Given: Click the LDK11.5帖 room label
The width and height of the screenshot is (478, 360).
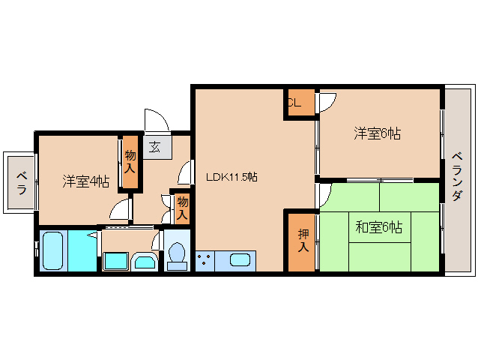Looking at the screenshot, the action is (232, 177).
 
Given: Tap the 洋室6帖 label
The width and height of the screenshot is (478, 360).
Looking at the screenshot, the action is (377, 133).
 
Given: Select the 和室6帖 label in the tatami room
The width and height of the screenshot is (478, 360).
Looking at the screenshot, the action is (379, 227).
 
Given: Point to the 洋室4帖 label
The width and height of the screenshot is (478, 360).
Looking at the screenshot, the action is (86, 181).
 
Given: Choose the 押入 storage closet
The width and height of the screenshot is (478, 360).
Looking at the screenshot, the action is (302, 242).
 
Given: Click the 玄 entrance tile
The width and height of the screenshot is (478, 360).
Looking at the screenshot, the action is (157, 147).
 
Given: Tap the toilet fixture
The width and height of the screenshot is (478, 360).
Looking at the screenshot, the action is (177, 256).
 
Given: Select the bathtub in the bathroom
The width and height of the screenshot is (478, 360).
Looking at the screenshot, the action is (53, 250).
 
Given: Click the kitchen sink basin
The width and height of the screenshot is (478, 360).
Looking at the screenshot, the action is (240, 260).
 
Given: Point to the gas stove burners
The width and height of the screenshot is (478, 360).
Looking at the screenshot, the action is (205, 261).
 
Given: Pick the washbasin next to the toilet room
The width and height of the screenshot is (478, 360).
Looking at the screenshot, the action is (145, 262).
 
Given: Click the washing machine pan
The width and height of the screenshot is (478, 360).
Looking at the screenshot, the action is (115, 261).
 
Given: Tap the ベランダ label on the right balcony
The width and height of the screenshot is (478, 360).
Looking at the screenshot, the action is (457, 177).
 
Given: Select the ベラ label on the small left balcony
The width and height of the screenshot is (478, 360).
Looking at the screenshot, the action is (21, 183).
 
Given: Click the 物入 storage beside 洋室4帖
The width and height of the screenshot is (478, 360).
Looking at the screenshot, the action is (130, 162).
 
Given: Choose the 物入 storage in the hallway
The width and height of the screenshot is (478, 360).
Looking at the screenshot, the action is (182, 208).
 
